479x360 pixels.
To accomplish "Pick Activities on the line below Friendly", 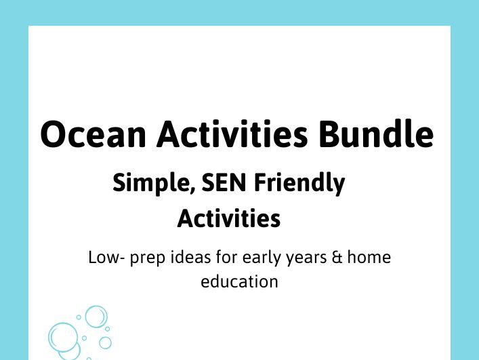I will [x=229, y=218].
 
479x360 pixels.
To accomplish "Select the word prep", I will [x=141, y=259].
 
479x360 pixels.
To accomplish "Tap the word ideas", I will [x=181, y=258].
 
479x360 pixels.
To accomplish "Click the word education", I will [x=239, y=281].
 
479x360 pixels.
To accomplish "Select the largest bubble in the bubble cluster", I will [x=64, y=337].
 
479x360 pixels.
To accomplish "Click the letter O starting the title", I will [x=55, y=134].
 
